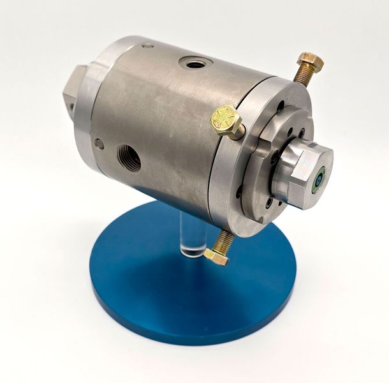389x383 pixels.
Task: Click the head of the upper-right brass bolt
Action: (310, 63)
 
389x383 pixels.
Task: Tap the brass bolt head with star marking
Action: (226, 121)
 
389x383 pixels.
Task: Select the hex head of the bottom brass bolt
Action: (216, 257)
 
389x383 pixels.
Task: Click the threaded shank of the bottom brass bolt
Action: (225, 241)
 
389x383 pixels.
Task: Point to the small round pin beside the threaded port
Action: (99, 144)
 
